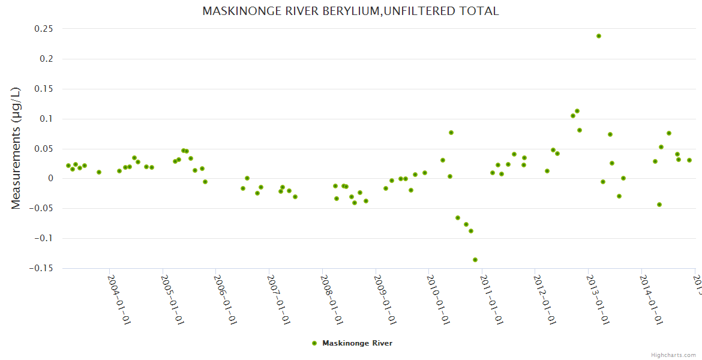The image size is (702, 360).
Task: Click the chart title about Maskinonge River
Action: tap(350, 11)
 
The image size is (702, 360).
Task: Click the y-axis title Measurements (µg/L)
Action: tap(16, 148)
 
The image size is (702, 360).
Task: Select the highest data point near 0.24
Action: tap(599, 36)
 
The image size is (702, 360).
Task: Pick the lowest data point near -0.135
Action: tap(475, 260)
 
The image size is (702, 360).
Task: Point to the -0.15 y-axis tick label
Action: tap(39, 268)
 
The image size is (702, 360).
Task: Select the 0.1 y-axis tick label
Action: tap(45, 119)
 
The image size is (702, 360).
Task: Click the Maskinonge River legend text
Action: tap(357, 343)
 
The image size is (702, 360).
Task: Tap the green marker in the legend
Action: tap(314, 343)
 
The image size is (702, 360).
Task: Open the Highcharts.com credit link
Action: tap(673, 355)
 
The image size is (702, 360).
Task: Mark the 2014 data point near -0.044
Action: tap(659, 205)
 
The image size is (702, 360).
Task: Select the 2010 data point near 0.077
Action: tap(451, 133)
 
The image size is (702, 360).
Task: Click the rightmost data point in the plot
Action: tap(689, 160)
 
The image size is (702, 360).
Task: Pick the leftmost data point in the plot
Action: tap(68, 166)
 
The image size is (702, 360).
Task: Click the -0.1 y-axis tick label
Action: tap(42, 238)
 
